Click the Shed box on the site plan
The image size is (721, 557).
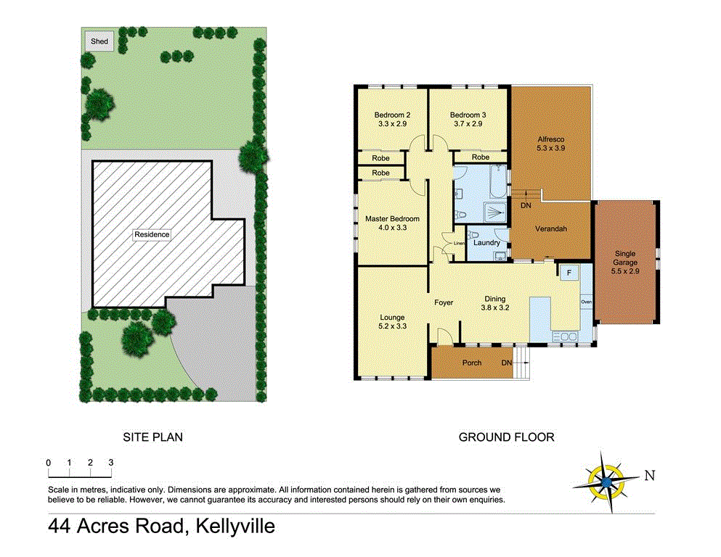(x=99, y=41)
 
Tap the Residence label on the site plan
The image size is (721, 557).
(x=152, y=234)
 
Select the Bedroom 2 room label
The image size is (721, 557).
(x=393, y=115)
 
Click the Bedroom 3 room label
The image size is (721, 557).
(x=468, y=115)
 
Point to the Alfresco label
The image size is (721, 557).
(x=550, y=139)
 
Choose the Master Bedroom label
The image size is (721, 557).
(x=392, y=219)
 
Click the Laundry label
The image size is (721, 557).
(x=486, y=243)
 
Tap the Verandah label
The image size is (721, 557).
(x=550, y=229)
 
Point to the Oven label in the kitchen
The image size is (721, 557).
(x=585, y=301)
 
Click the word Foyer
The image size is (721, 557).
(x=444, y=302)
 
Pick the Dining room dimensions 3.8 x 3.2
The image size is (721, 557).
(x=495, y=307)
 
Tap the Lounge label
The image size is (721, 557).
(x=392, y=318)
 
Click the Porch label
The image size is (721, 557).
(x=472, y=363)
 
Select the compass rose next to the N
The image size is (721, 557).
(x=605, y=480)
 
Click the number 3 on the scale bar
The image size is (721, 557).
(x=111, y=462)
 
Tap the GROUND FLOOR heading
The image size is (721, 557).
(x=506, y=437)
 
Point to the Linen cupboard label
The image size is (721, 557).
(x=458, y=243)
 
